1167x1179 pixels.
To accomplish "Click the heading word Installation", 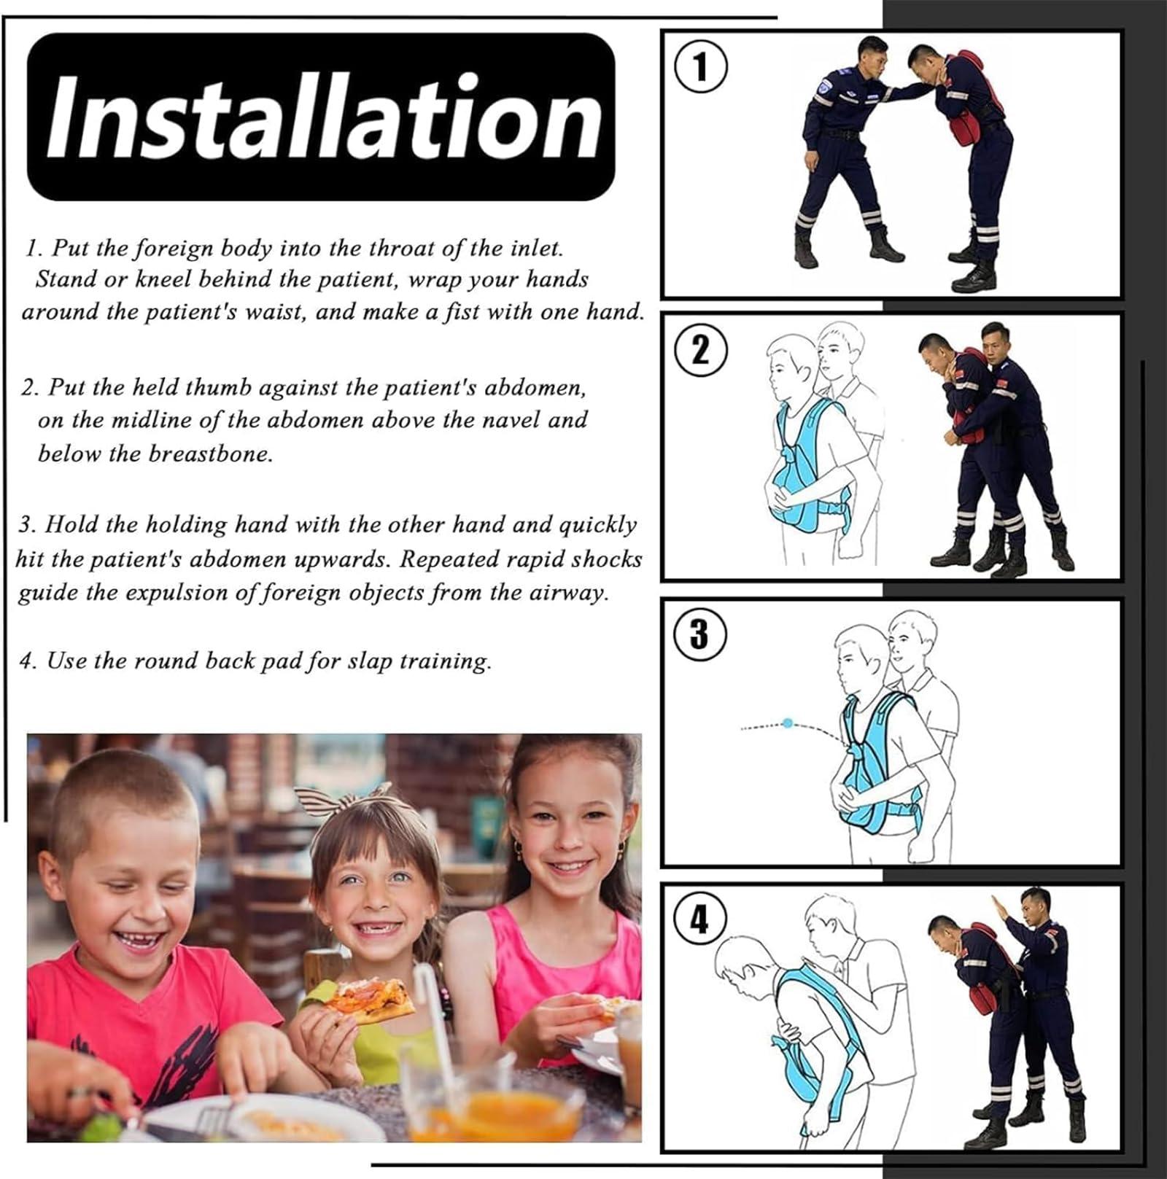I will point(321,117).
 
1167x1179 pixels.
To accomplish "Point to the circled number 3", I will point(699,633).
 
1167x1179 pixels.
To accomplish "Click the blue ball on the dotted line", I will point(788,723).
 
